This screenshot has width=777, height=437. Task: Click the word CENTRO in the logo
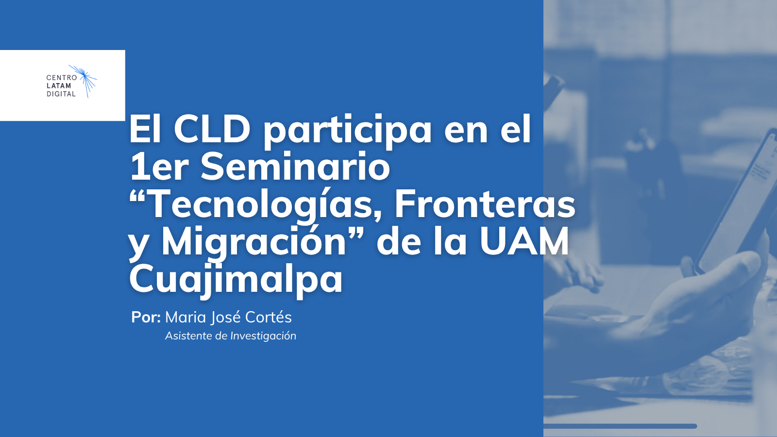coord(61,78)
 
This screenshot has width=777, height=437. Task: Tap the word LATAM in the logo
coord(59,85)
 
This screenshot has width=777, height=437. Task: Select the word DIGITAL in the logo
coord(61,94)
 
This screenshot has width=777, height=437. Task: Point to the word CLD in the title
coord(212,129)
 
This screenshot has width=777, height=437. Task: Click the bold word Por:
coord(146,317)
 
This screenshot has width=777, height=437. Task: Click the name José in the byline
coord(226,318)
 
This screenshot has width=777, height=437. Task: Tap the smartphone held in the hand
coord(739,201)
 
